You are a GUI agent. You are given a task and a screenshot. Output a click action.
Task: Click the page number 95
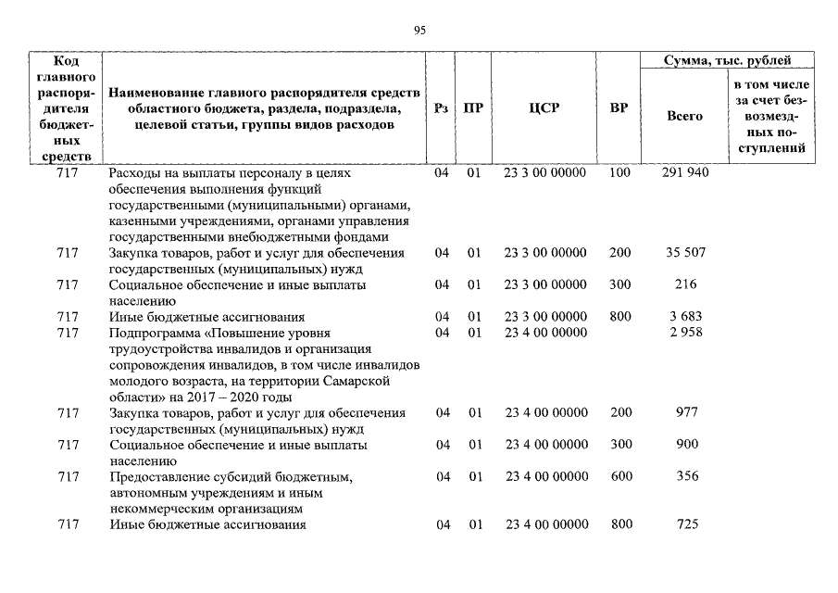click(x=419, y=31)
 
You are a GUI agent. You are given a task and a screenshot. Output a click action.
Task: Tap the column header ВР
click(x=619, y=107)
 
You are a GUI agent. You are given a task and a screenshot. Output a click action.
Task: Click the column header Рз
click(x=442, y=107)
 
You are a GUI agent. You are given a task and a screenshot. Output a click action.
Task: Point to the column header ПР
click(x=474, y=107)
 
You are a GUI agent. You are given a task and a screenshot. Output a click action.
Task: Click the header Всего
click(x=685, y=116)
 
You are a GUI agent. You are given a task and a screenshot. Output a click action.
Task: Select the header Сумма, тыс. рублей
click(x=727, y=60)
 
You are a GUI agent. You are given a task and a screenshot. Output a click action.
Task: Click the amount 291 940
click(x=686, y=173)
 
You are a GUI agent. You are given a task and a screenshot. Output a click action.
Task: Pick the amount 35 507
click(x=686, y=253)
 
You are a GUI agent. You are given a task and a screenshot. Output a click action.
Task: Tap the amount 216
click(x=686, y=284)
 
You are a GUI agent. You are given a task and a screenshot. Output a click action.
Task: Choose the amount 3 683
click(x=686, y=317)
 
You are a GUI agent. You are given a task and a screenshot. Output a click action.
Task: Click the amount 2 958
click(x=686, y=333)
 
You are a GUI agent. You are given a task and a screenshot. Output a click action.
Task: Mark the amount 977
click(x=686, y=412)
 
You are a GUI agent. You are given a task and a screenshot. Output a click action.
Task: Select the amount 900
click(x=686, y=445)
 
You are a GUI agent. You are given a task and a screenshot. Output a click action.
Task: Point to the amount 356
click(x=686, y=476)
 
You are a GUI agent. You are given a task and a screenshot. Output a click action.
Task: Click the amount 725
click(x=686, y=524)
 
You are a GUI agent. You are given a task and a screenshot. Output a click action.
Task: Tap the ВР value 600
click(x=621, y=476)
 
